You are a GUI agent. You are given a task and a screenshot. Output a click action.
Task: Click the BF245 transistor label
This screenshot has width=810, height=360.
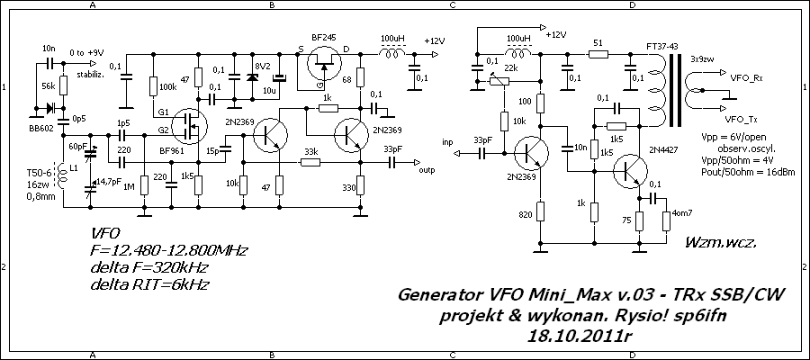324,37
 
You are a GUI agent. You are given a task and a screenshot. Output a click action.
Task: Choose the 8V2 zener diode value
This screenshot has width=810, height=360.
262,68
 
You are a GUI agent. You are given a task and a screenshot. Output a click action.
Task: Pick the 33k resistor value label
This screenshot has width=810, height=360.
311,150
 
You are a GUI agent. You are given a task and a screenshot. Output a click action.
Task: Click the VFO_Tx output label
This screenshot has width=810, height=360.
741,118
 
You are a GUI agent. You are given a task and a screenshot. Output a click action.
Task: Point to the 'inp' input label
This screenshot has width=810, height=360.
447,142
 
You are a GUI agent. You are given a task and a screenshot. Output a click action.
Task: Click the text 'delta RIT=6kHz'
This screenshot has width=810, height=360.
150,283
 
